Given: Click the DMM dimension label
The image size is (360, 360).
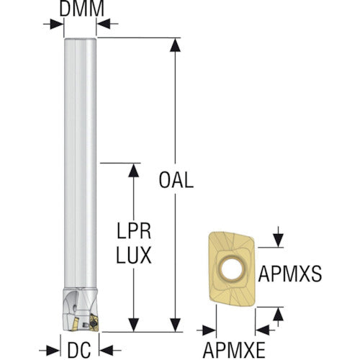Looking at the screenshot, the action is [x=81, y=9].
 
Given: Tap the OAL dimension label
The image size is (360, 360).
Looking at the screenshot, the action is [x=176, y=180].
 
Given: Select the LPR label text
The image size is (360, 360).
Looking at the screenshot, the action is [x=134, y=231].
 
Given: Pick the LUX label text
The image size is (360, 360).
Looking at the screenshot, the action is [x=134, y=256].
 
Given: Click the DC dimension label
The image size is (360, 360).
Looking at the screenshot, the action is [x=79, y=350].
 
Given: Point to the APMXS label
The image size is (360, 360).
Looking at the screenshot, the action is [x=289, y=274].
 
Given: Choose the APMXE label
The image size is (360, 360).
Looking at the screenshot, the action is [x=234, y=350].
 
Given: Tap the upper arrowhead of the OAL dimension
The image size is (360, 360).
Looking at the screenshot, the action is [x=175, y=45].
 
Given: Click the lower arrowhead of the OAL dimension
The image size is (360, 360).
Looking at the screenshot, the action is [x=175, y=325].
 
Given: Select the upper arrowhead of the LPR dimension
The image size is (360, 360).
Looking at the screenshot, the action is [x=134, y=171].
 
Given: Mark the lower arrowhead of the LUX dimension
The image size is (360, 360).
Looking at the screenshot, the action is [x=134, y=325].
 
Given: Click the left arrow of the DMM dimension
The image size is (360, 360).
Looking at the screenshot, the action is [x=53, y=24].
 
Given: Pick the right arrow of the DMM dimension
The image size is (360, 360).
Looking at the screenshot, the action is [x=107, y=24].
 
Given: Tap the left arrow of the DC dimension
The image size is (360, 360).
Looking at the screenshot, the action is [x=49, y=351].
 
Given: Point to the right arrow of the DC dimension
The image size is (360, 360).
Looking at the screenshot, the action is [x=109, y=351].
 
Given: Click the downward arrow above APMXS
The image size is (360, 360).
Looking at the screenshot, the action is [x=278, y=237].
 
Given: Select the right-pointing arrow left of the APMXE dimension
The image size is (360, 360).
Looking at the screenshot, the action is [x=207, y=330].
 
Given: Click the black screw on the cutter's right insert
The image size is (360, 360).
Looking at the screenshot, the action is [x=93, y=324].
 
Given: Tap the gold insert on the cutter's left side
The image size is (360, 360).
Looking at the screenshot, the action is [x=74, y=323].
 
